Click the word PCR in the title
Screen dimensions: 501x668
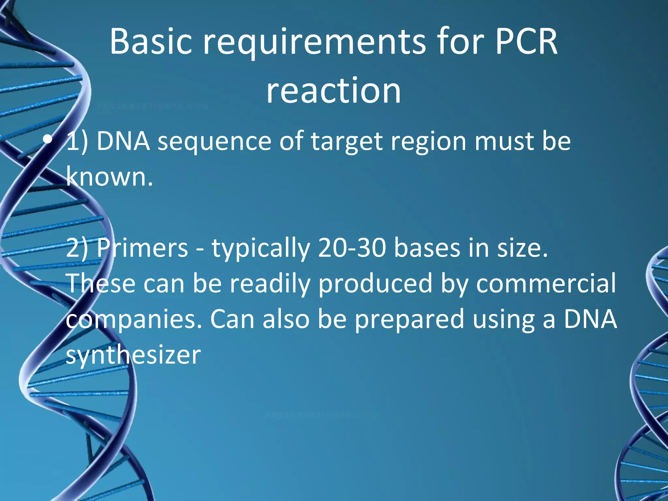526,42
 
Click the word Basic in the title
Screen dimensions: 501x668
151,42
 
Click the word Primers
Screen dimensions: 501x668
142,248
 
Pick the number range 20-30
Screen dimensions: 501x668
352,248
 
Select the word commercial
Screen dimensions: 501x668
546,283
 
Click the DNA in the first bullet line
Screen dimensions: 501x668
123,142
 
